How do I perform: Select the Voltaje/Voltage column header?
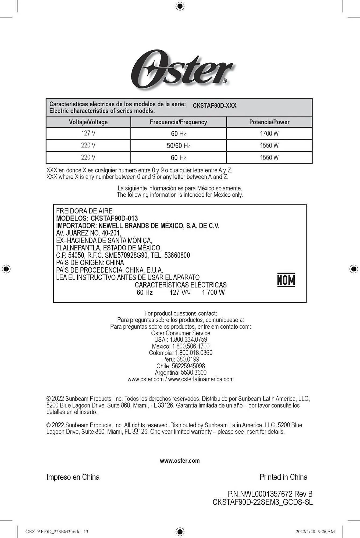click(x=88, y=122)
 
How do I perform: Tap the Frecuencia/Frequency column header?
click(x=179, y=122)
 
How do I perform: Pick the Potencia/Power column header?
click(x=269, y=122)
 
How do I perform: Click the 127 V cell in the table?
click(x=88, y=133)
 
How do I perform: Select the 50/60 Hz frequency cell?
click(x=179, y=146)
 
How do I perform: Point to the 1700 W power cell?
click(x=269, y=133)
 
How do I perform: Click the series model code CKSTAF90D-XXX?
click(x=215, y=106)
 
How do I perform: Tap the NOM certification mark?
click(x=286, y=280)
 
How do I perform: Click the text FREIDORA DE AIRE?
click(x=84, y=211)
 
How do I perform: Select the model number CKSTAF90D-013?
click(x=114, y=218)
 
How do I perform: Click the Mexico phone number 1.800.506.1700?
click(x=191, y=346)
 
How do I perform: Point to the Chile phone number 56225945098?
click(x=188, y=366)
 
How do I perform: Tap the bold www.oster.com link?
click(x=180, y=461)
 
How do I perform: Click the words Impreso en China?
click(x=73, y=477)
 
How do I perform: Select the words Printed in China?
click(x=283, y=477)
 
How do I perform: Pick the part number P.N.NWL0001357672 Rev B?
click(x=270, y=494)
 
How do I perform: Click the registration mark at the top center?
click(x=180, y=6)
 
